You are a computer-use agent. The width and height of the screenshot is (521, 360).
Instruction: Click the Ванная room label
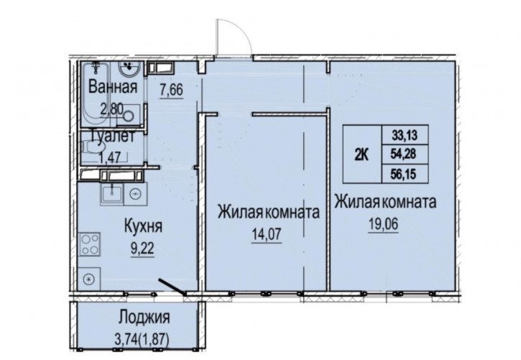click(x=113, y=87)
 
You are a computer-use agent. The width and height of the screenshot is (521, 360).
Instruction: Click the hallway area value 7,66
click(x=172, y=91)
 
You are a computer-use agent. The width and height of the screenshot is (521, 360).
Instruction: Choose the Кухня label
click(x=143, y=226)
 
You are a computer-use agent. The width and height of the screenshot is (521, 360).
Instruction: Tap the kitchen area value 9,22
click(x=142, y=249)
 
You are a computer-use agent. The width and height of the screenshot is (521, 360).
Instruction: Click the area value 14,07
click(x=267, y=234)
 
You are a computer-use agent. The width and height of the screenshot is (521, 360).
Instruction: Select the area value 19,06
click(x=383, y=224)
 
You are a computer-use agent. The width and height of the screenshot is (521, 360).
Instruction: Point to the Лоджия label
click(x=144, y=317)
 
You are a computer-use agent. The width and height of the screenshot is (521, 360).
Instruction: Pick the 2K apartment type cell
click(x=362, y=154)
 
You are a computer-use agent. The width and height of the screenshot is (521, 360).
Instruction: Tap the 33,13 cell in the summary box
click(x=405, y=135)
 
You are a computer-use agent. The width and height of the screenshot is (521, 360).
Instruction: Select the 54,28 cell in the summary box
click(x=405, y=154)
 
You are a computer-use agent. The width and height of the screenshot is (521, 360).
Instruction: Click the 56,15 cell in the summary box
click(x=405, y=174)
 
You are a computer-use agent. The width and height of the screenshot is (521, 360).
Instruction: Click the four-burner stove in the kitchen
click(x=89, y=244)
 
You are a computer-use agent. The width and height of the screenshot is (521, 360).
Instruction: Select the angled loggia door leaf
click(x=172, y=287)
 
